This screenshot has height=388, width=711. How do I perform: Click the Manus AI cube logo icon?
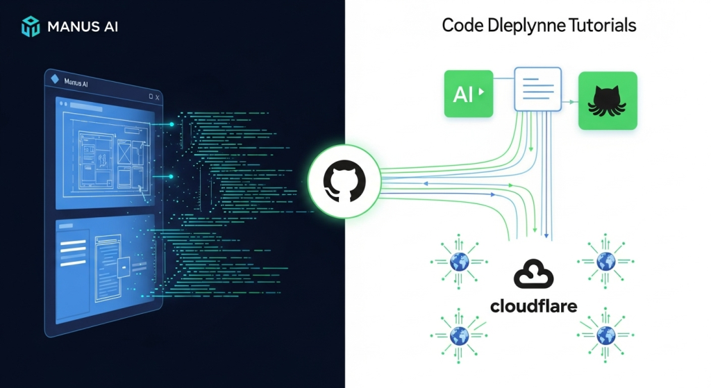[x=31, y=27]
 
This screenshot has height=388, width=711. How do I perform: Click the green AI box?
[x=469, y=93]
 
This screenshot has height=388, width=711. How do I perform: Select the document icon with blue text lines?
[x=537, y=89]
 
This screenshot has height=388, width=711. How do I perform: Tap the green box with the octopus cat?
[x=608, y=101]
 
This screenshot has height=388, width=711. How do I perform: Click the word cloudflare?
[x=533, y=306]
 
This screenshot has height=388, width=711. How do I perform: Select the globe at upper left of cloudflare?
[x=459, y=262]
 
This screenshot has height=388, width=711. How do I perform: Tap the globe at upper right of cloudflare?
[x=606, y=262]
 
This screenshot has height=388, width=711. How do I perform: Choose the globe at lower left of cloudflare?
[x=459, y=336]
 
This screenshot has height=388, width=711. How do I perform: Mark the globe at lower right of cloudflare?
[x=606, y=336]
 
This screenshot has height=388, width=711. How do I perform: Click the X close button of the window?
[x=158, y=98]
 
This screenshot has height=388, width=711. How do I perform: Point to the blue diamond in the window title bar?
[x=56, y=81]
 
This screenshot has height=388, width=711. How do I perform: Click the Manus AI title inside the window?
[x=76, y=83]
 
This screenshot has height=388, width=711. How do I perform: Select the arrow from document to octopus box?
[x=569, y=102]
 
